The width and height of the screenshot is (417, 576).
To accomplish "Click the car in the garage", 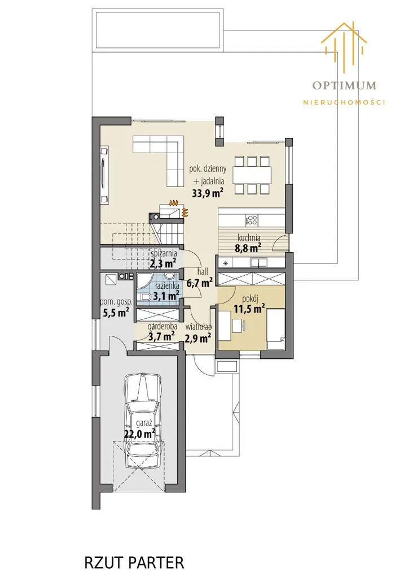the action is click(143, 421).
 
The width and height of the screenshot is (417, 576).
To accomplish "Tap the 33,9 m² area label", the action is click(208, 193).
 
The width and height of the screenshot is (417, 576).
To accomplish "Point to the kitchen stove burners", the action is click(252, 220).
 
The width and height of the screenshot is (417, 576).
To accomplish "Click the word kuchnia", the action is click(249, 237).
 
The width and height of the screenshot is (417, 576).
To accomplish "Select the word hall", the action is click(203, 271).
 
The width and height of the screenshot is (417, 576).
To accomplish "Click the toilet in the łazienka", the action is click(144, 297).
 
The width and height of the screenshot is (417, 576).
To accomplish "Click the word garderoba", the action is click(163, 327).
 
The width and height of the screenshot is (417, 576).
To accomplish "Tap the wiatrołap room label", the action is click(199, 327).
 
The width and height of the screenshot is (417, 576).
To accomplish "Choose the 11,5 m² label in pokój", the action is click(249, 309).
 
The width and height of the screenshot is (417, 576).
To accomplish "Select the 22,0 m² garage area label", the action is click(139, 434).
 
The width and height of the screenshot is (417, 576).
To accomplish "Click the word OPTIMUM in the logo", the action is click(344, 85).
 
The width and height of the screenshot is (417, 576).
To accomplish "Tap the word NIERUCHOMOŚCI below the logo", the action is click(344, 102).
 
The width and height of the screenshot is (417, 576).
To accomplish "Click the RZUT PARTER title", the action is click(134, 562).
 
